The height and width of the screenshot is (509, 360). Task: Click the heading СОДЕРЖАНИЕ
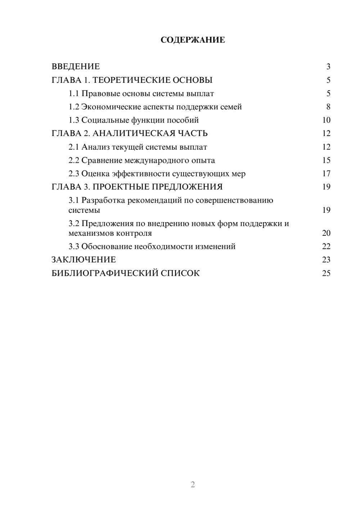point(193,40)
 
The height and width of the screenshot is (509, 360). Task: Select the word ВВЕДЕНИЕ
point(76,67)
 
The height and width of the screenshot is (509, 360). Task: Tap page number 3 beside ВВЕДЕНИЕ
point(328,67)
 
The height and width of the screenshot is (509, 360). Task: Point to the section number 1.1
point(74,94)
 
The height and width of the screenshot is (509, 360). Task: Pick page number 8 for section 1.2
point(328,107)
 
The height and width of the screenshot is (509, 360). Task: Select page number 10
point(326,120)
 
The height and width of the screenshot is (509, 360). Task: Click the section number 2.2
point(74,161)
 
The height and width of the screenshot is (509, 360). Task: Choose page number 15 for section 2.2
point(326,161)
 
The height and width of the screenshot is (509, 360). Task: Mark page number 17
point(326,174)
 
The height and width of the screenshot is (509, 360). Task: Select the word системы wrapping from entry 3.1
point(84,210)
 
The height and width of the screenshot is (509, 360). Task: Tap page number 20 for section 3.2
point(326,233)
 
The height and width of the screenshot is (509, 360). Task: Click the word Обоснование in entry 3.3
point(107,247)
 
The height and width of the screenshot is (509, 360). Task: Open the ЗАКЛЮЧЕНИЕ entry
point(84,260)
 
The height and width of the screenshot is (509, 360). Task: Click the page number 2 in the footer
point(193,485)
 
